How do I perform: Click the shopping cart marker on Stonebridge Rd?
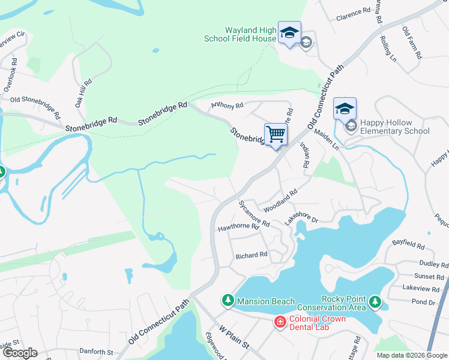[276, 134]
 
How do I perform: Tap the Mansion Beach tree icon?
[228, 300]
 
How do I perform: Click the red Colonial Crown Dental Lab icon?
[279, 323]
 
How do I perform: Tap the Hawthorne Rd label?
[238, 227]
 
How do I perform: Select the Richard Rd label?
[251, 256]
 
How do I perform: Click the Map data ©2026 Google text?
[411, 355]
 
